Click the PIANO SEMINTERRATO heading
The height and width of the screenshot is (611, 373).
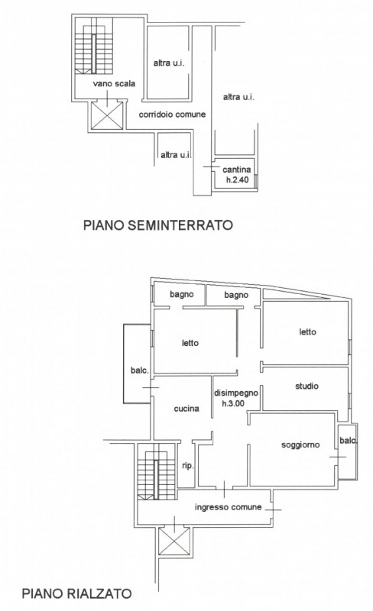pos(158,225)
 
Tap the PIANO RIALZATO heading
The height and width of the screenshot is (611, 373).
pos(76,593)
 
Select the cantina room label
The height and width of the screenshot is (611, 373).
pos(237,170)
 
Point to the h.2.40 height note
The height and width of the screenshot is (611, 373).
pos(237,180)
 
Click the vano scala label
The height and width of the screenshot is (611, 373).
pos(114,83)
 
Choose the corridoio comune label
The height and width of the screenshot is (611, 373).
pos(172,114)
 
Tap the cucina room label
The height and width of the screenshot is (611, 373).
pos(186,409)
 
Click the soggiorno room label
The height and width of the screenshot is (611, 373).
pos(300,445)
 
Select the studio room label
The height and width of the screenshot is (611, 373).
pos(307,386)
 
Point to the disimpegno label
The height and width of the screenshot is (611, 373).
pos(236,393)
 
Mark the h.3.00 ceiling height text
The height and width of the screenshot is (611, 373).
pos(233,403)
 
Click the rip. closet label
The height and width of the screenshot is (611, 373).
pos(188,466)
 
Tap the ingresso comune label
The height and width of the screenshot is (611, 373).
pos(229,507)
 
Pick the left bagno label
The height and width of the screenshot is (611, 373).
pos(182,295)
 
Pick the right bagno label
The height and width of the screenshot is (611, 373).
pos(236,296)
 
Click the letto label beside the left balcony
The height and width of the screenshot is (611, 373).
pos(190,343)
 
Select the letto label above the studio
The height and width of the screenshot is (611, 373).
pos(307,332)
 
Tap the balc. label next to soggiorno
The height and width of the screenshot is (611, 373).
pos(348,441)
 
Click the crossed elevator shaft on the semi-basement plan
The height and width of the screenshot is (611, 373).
pos(107,115)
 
